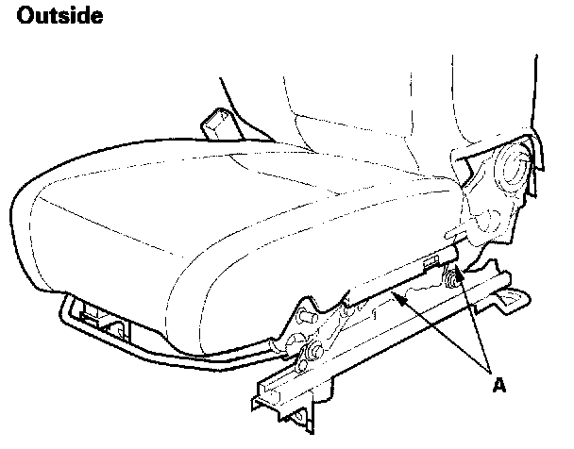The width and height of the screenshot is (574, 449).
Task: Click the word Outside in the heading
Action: click(x=59, y=17)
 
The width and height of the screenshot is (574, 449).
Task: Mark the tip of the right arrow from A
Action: click(x=457, y=280)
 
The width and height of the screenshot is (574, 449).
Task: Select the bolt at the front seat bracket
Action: click(x=308, y=356)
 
